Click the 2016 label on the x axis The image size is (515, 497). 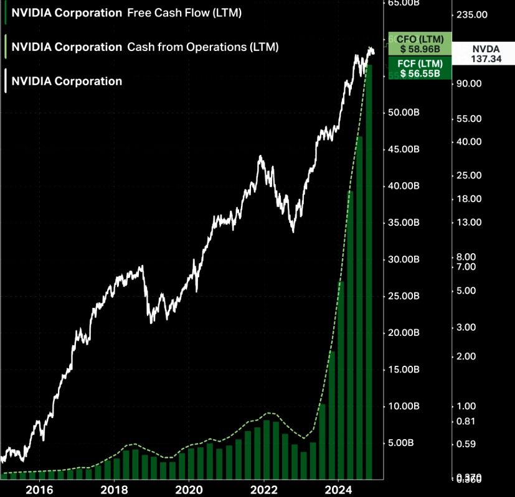[x=39, y=489]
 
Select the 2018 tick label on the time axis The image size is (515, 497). [x=114, y=489]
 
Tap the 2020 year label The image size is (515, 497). [x=189, y=489]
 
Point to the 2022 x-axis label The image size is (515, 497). [x=263, y=489]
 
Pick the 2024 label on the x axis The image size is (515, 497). [x=338, y=489]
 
